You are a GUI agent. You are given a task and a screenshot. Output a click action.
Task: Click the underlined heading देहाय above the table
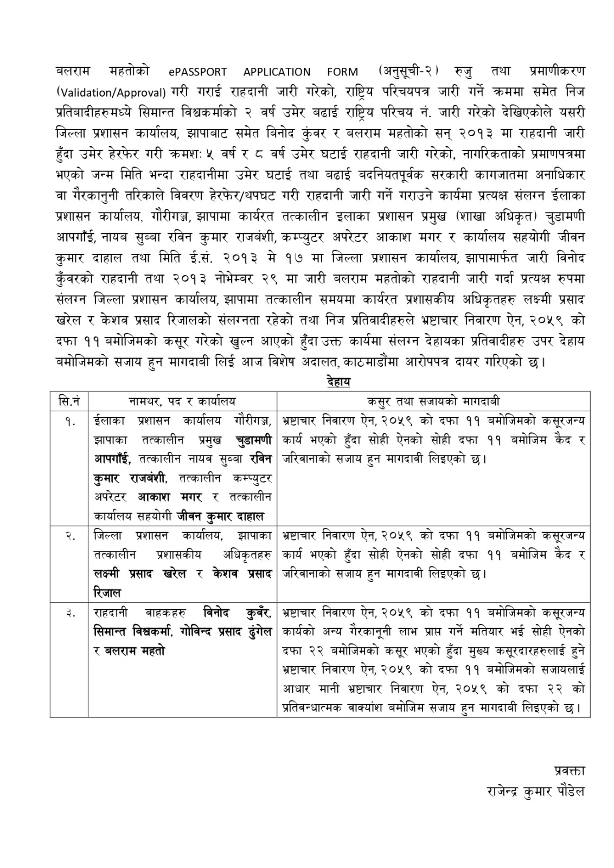(x=338, y=382)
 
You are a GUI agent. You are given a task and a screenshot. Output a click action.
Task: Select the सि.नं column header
(x=69, y=401)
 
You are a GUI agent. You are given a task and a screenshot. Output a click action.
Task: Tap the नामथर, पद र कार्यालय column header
(x=182, y=401)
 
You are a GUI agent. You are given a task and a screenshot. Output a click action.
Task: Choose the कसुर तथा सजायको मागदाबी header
(x=433, y=401)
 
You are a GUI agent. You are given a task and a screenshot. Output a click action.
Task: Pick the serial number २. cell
(x=69, y=535)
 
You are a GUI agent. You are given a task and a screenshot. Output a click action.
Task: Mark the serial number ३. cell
(x=69, y=612)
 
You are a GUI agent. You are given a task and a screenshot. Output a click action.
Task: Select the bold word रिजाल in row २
(x=107, y=593)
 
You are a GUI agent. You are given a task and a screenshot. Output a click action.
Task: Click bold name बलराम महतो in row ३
(x=135, y=650)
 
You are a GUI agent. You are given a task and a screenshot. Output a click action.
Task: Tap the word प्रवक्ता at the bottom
(x=569, y=770)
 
